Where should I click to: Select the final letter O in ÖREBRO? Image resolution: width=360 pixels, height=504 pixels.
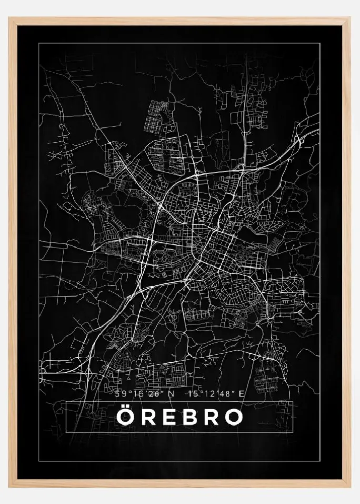(234, 417)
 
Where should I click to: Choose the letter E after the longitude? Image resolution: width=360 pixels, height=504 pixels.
(242, 393)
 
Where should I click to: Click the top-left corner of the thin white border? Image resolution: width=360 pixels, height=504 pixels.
(39, 43)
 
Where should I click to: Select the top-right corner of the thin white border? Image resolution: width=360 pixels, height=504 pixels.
(319, 43)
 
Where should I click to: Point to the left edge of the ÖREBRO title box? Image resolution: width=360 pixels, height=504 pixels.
(66, 417)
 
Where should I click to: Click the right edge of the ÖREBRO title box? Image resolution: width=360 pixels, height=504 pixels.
(292, 417)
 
